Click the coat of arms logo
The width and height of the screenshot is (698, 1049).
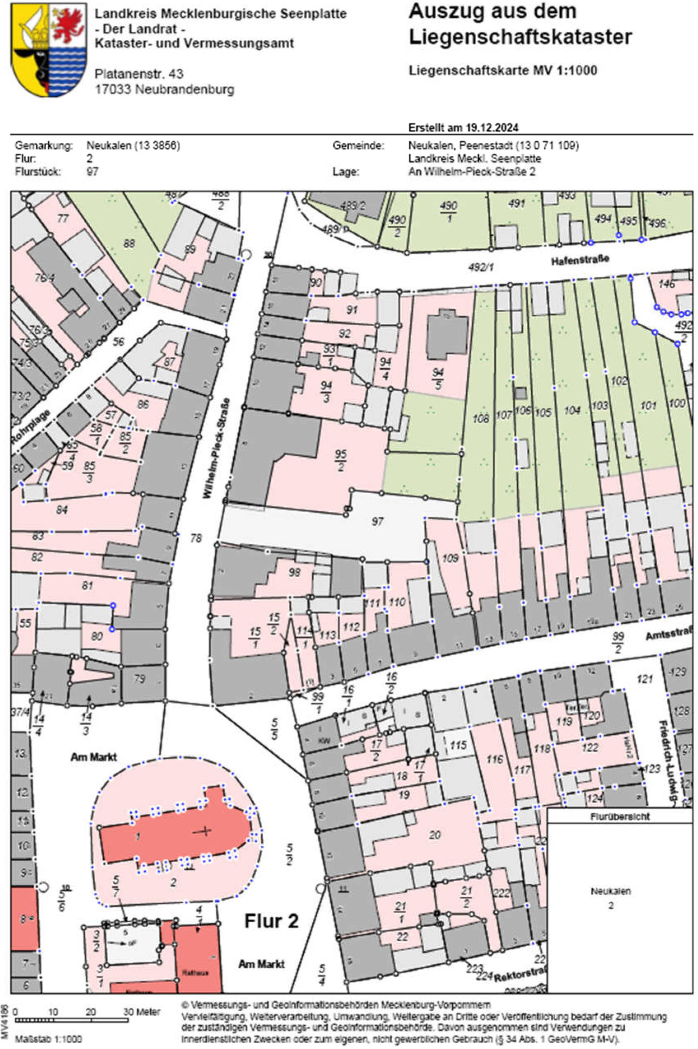tap(49, 50)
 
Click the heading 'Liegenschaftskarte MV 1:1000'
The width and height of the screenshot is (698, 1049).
tap(503, 70)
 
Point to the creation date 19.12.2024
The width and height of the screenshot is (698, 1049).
tap(492, 128)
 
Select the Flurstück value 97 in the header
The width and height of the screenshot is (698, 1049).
tap(92, 171)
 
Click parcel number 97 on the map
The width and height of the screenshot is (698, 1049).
tap(377, 521)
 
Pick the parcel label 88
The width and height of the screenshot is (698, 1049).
tap(129, 244)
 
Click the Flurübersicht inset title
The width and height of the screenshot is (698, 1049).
tap(620, 816)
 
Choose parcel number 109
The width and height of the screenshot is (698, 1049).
tap(450, 557)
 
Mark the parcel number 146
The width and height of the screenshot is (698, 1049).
tap(666, 284)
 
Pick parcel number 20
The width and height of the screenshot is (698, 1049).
tap(435, 835)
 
